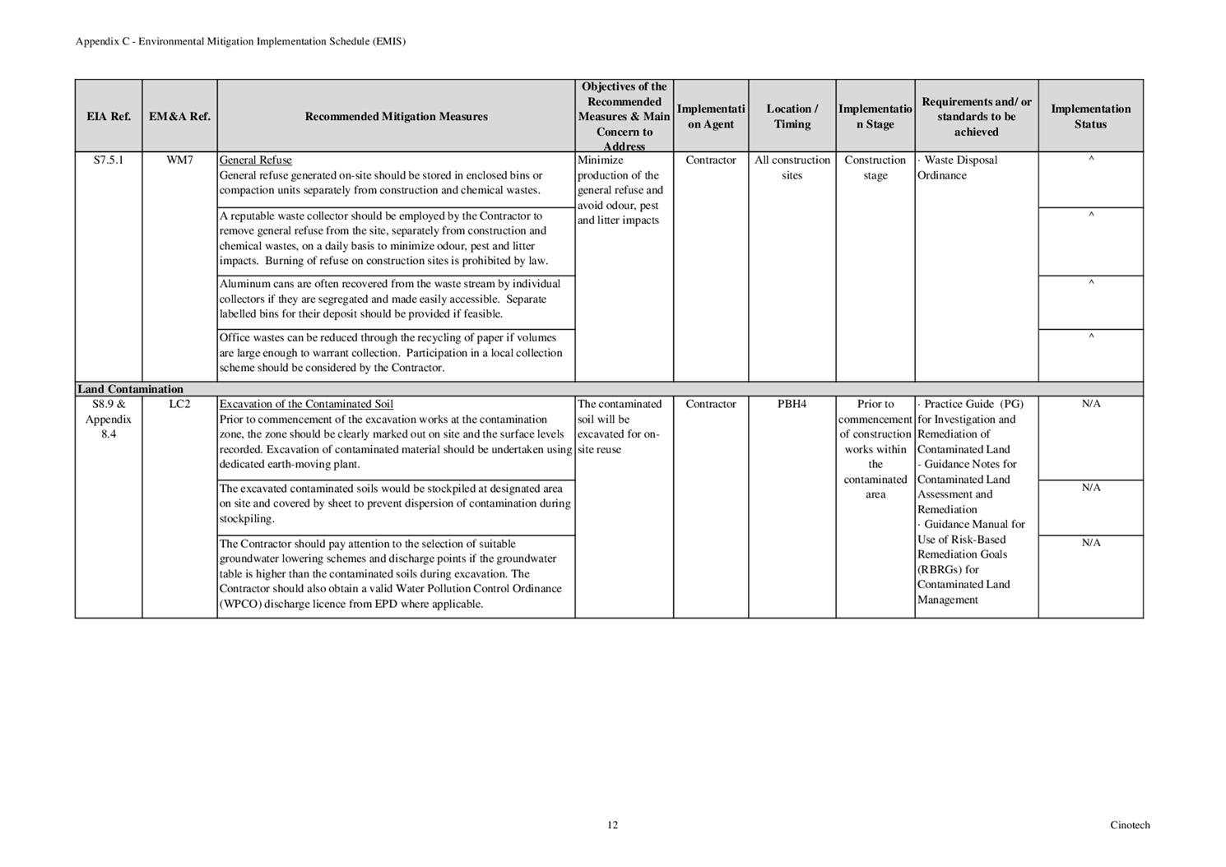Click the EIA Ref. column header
pyautogui.click(x=109, y=117)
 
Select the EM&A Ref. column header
pyautogui.click(x=179, y=117)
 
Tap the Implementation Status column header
pyautogui.click(x=1090, y=117)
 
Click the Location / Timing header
pyautogui.click(x=792, y=117)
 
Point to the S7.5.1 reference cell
pyautogui.click(x=109, y=160)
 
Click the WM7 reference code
pyautogui.click(x=179, y=160)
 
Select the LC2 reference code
pyautogui.click(x=179, y=405)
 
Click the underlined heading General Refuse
pyautogui.click(x=255, y=160)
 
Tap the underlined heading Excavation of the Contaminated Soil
pyautogui.click(x=306, y=405)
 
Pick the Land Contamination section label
pyautogui.click(x=130, y=389)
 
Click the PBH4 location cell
pyautogui.click(x=792, y=405)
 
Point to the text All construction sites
pyautogui.click(x=792, y=168)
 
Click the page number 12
pyautogui.click(x=612, y=825)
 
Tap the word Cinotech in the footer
pyautogui.click(x=1130, y=825)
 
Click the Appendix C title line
pyautogui.click(x=240, y=41)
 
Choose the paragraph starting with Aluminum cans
pyautogui.click(x=390, y=299)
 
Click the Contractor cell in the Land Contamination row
pyautogui.click(x=710, y=405)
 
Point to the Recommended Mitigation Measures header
pyautogui.click(x=396, y=117)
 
